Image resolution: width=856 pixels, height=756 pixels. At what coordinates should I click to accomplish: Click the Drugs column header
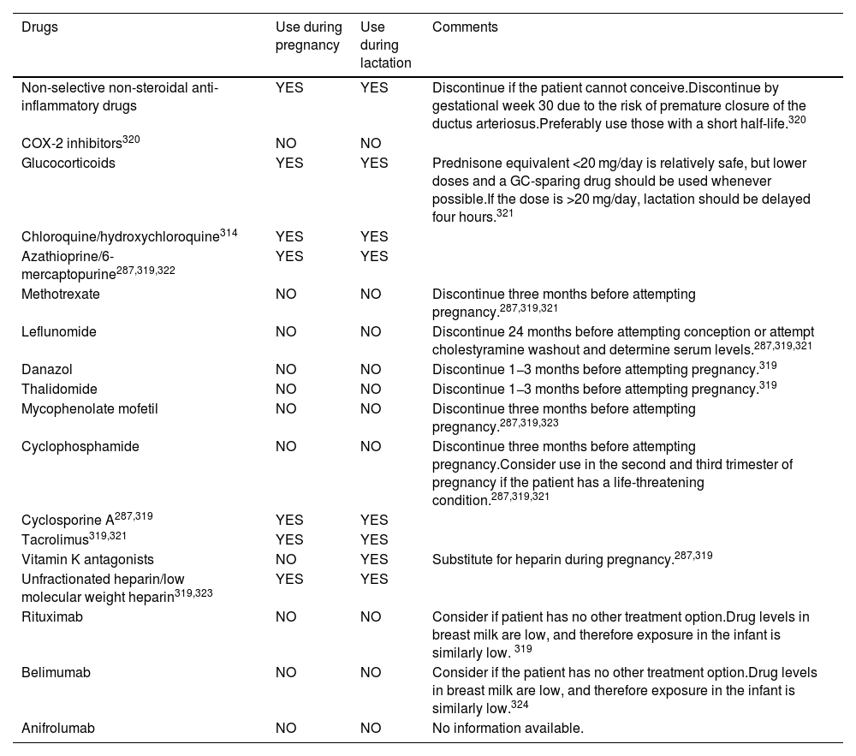click(40, 27)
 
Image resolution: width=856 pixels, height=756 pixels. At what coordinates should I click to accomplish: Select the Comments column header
click(465, 27)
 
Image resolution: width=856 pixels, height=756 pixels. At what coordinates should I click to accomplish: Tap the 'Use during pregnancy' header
click(308, 36)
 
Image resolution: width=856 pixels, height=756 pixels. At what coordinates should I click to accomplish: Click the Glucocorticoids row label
click(68, 163)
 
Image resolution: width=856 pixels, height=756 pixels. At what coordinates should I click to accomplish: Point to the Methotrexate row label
click(61, 294)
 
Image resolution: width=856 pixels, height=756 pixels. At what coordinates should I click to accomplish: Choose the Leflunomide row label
click(58, 331)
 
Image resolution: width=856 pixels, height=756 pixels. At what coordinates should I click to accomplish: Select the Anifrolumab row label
click(58, 728)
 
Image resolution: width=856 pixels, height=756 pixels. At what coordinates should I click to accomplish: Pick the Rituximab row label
click(52, 616)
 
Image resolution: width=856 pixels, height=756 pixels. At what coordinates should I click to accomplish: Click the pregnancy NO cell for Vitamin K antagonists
click(286, 559)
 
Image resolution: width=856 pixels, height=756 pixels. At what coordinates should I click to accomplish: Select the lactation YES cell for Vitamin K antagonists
click(374, 559)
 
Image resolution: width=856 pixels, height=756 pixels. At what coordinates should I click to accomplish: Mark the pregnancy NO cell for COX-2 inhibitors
click(286, 143)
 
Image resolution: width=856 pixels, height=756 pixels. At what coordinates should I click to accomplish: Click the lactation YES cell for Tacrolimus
click(374, 539)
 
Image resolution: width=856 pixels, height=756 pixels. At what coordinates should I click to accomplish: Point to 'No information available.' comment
click(508, 728)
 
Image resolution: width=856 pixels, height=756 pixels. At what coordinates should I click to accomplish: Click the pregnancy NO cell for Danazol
click(286, 369)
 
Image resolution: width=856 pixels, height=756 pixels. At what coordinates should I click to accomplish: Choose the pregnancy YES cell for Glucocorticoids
click(289, 163)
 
